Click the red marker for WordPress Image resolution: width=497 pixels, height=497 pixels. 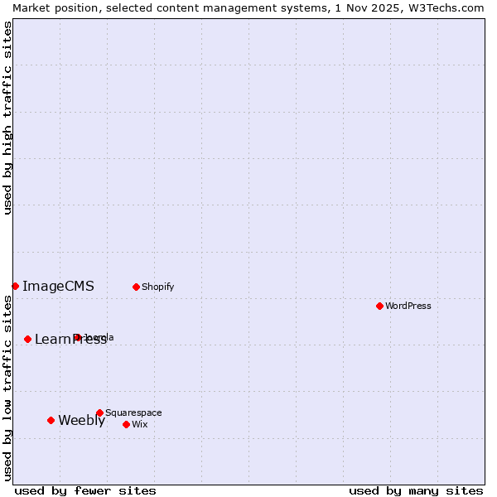click(x=379, y=306)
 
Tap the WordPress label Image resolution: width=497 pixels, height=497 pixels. click(x=408, y=306)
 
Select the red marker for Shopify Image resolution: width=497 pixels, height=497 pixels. click(x=136, y=287)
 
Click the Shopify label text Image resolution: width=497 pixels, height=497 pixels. click(x=157, y=287)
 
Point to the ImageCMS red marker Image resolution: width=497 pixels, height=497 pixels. click(x=15, y=286)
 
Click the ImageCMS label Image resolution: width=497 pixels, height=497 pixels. click(x=58, y=287)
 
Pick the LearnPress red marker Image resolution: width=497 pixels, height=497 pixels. click(x=27, y=339)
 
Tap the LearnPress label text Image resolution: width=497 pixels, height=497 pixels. click(x=70, y=340)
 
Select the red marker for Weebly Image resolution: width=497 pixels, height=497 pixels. click(x=51, y=420)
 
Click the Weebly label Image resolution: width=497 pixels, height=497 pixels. click(x=81, y=421)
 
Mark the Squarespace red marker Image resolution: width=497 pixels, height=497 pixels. click(x=99, y=413)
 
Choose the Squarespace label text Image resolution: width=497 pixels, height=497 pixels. click(x=133, y=413)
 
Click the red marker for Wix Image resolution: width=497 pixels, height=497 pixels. click(x=126, y=424)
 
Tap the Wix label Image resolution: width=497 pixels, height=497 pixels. click(x=139, y=424)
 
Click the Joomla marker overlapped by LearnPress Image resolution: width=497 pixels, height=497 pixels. click(x=77, y=337)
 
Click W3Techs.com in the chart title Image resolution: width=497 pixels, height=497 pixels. click(x=451, y=7)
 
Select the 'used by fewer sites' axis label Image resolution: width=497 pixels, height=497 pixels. click(x=85, y=490)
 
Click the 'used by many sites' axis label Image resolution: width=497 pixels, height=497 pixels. click(x=416, y=490)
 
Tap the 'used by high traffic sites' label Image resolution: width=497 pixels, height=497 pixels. click(x=7, y=118)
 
